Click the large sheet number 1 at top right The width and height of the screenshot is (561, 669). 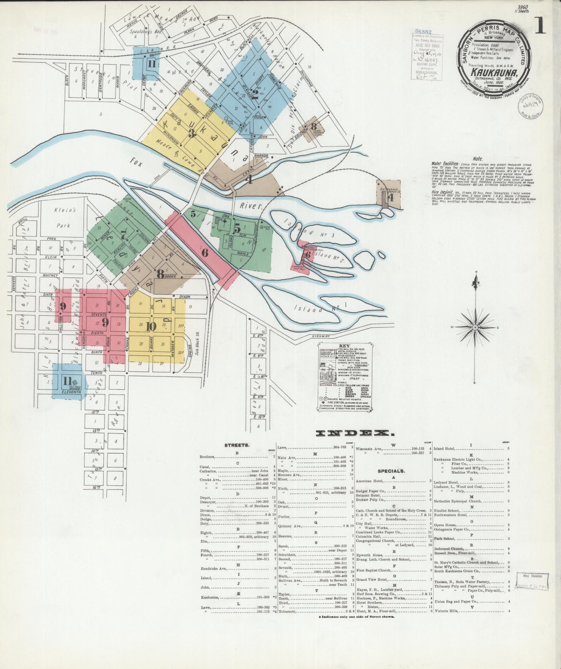(540, 25)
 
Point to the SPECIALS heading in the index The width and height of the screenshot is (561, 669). (391, 471)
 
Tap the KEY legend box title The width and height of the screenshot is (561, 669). (344, 346)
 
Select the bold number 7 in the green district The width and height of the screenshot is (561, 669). (123, 235)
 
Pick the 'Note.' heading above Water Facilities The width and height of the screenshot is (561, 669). (478, 159)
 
